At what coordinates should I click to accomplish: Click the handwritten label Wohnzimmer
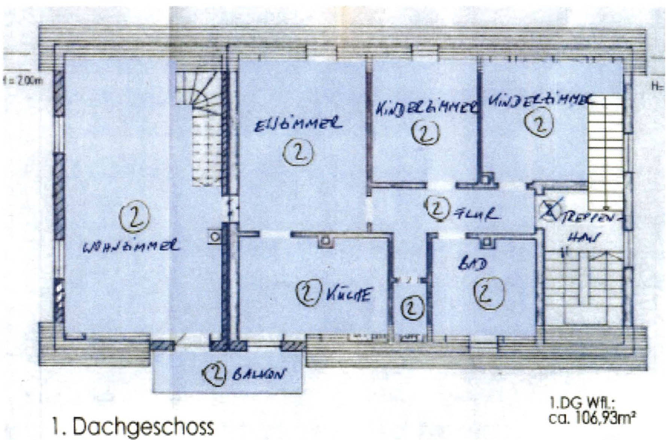(131, 246)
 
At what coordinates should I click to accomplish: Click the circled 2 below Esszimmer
(298, 153)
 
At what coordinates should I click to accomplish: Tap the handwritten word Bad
(473, 264)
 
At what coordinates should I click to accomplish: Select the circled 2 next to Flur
(437, 209)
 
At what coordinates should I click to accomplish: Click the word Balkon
(258, 375)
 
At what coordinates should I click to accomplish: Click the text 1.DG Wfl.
(582, 404)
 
